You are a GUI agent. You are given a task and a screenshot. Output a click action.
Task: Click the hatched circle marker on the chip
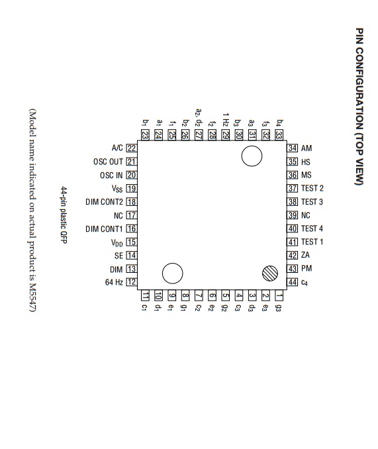pos(270,274)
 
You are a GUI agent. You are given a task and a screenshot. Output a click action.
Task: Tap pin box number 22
pos(131,148)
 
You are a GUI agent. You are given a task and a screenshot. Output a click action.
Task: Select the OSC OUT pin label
pos(108,162)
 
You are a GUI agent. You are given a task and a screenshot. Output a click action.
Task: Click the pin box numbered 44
pos(293,282)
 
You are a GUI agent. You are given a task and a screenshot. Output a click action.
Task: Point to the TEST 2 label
pos(312,188)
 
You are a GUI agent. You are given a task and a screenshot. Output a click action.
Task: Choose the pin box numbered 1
pos(279,295)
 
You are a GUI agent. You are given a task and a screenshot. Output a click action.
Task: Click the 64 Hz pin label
pos(114,282)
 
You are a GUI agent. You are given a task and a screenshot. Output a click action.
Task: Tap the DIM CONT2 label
pos(104,202)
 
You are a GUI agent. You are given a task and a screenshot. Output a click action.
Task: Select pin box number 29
pos(226,135)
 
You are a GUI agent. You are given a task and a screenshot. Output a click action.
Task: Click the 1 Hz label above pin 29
pos(226,119)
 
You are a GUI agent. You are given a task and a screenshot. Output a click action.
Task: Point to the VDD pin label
pos(117,243)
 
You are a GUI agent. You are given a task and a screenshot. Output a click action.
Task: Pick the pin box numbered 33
pos(279,135)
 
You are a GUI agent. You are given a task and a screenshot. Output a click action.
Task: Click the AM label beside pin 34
pos(307,148)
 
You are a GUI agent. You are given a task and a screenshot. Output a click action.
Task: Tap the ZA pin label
pos(305,255)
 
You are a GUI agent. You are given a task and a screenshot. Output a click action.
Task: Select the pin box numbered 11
pos(146,295)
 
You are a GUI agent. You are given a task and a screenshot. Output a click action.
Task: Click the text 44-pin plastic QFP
pos(64,215)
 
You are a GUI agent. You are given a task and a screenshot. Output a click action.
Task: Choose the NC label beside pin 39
pos(306,215)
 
